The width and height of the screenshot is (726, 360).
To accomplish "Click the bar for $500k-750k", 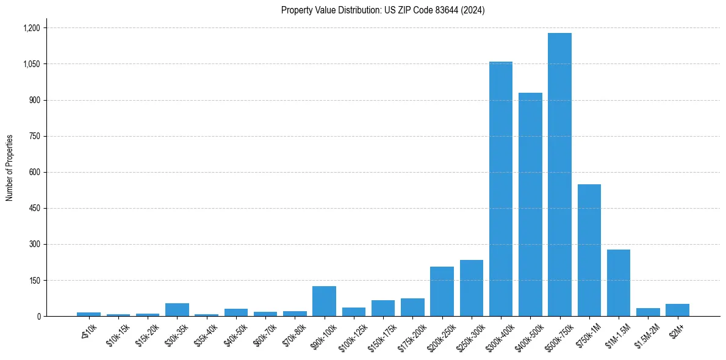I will pos(559,175).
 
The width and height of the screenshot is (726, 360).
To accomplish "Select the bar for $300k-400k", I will pos(500,189).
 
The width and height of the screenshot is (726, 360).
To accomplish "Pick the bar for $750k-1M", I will pos(589,250).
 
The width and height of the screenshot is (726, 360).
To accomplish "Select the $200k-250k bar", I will pos(442,291).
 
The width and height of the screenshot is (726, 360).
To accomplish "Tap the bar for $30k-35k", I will pos(177,309).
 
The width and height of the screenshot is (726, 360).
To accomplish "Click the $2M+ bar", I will pos(677,310).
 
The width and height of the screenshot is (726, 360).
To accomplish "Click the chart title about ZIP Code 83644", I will pos(383,10).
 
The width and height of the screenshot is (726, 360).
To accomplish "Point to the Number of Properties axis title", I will pos(10,168).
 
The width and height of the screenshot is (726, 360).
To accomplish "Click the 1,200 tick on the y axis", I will pos(31,28).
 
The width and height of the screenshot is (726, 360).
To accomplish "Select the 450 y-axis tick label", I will pos(34,208).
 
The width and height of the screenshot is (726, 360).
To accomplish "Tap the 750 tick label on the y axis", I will pos(34,136).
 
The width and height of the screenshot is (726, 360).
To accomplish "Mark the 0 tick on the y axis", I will pos(38,316).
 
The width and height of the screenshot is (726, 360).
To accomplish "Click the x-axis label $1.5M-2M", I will pos(646,334).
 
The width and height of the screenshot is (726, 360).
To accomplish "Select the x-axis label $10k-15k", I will pos(117,335).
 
